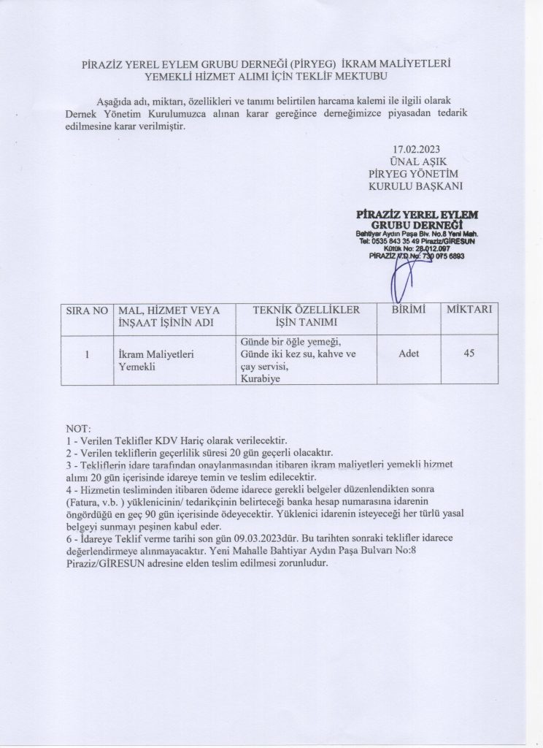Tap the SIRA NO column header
pos(87,310)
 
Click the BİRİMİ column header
pos(404,310)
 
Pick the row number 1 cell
pos(87,354)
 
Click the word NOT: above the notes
pos(77,427)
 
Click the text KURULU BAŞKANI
pos(419,186)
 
